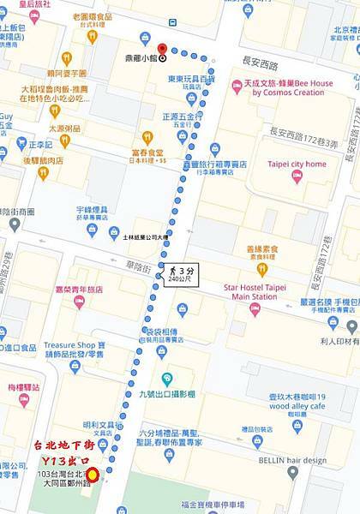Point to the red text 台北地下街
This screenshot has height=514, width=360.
tap(61, 445)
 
